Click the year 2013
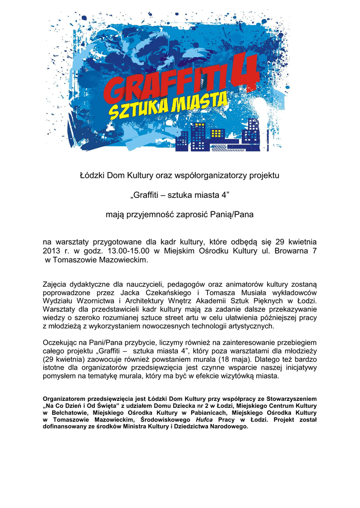[52, 251]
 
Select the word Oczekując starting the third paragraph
[63, 342]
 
